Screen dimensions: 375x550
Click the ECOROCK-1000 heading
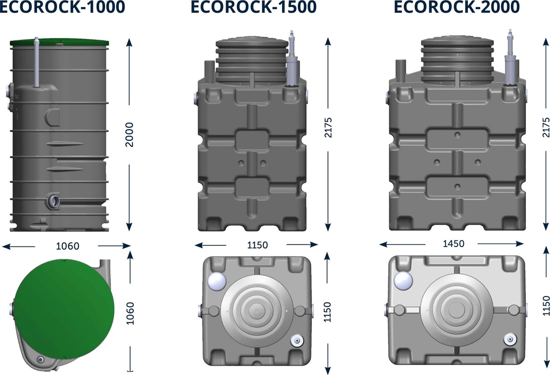point(62,7)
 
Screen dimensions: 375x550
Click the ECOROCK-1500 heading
point(254,7)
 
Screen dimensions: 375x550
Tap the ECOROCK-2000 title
point(457,7)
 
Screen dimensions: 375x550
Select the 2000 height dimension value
point(129,134)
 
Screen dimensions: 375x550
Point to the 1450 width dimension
point(453,244)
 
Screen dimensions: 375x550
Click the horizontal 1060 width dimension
point(67,246)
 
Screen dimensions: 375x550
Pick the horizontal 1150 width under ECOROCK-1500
point(257,245)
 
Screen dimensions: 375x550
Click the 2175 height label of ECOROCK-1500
point(328,127)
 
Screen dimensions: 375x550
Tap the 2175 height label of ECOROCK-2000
point(546,127)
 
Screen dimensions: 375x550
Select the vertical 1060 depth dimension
point(130,313)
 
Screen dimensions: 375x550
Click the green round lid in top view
point(64,309)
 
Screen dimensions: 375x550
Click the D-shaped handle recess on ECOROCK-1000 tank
point(53,117)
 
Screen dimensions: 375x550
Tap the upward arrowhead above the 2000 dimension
point(129,42)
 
